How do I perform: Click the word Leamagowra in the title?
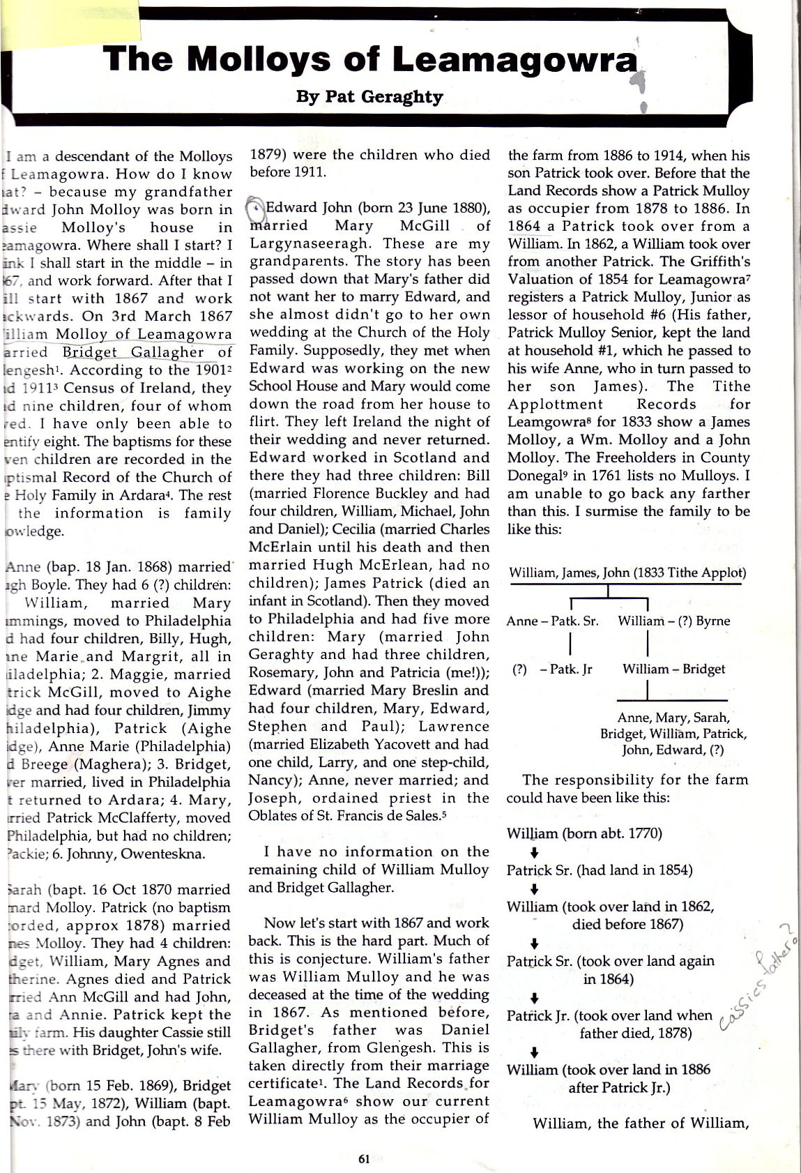tap(515, 59)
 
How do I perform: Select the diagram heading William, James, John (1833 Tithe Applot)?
tap(627, 573)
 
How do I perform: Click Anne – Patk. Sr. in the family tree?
tap(552, 621)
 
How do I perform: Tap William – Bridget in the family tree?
tap(673, 669)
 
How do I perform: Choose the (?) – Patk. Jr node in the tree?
tap(552, 669)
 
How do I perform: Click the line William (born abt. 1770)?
tap(584, 833)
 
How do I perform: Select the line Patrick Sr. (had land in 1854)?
tap(600, 870)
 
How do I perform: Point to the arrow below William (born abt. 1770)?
tap(534, 852)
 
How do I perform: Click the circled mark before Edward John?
tap(257, 207)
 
